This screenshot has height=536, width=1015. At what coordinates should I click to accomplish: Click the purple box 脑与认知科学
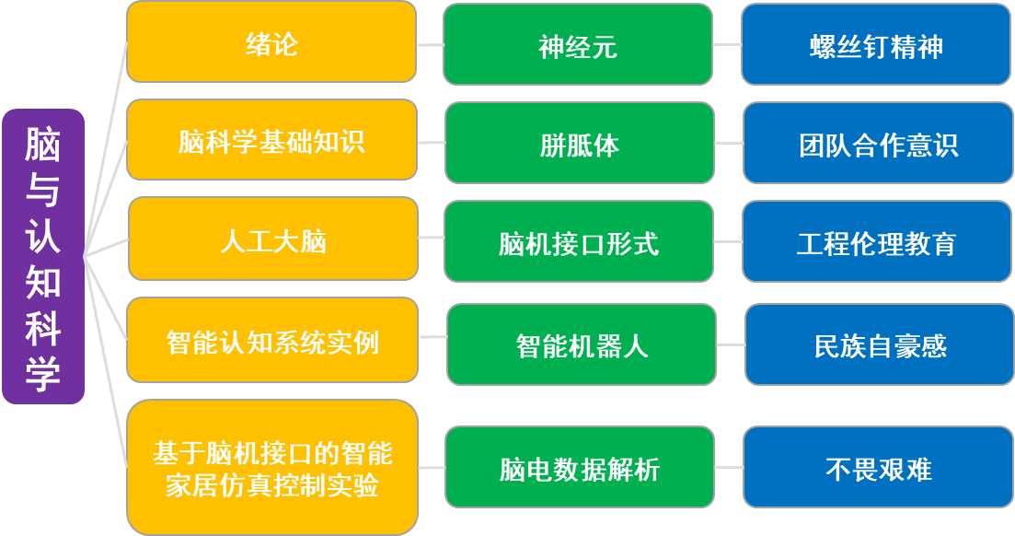coord(43,257)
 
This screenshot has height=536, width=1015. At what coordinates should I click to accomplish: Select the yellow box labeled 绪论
coord(271,42)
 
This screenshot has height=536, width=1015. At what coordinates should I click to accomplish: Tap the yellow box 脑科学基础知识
coord(271,140)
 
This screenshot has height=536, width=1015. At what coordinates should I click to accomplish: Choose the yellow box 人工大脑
coord(273,239)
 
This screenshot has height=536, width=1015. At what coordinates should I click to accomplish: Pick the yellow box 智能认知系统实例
coord(272,340)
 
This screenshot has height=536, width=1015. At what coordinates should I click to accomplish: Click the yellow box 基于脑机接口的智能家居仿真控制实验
coord(272,468)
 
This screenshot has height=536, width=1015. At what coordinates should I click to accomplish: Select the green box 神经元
coord(578,45)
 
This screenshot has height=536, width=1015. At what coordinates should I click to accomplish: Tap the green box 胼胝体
coord(580,144)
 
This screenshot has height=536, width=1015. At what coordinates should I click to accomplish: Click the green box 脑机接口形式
coord(579,241)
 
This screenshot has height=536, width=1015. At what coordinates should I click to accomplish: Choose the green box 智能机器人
coord(582,344)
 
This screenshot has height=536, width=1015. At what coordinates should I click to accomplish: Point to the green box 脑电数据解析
coord(580,467)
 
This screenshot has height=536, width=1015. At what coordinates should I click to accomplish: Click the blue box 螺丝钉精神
coord(876,45)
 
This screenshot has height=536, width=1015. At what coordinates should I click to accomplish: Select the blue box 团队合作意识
coord(879,144)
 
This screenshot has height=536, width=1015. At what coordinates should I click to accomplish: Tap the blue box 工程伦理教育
coord(877,241)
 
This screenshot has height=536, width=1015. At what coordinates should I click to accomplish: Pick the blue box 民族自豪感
coord(881,344)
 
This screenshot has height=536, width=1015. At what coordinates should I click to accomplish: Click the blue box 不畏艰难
coord(879,467)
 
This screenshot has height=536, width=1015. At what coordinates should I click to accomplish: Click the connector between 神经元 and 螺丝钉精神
coord(727,45)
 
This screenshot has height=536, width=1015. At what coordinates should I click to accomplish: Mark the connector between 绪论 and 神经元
coord(430,45)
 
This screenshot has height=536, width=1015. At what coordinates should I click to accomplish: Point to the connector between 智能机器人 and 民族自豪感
coord(731,344)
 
